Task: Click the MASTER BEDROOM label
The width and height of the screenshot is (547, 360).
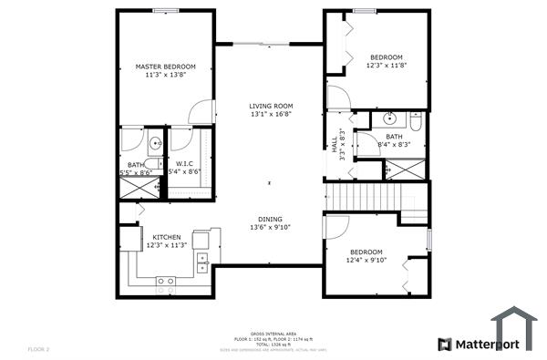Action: click(x=167, y=67)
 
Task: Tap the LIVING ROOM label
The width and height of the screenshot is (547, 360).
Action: click(x=269, y=107)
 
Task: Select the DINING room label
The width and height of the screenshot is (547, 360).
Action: click(x=269, y=219)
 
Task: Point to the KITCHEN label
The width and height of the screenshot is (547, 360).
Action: click(x=167, y=237)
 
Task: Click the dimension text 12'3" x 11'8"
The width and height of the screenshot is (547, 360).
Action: click(x=386, y=66)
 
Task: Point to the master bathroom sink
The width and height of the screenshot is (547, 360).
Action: click(x=154, y=142)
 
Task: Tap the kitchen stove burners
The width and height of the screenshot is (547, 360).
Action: click(x=165, y=282)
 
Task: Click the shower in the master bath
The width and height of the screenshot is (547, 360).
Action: click(x=139, y=188)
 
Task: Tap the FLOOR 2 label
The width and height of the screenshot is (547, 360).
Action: click(x=39, y=349)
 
